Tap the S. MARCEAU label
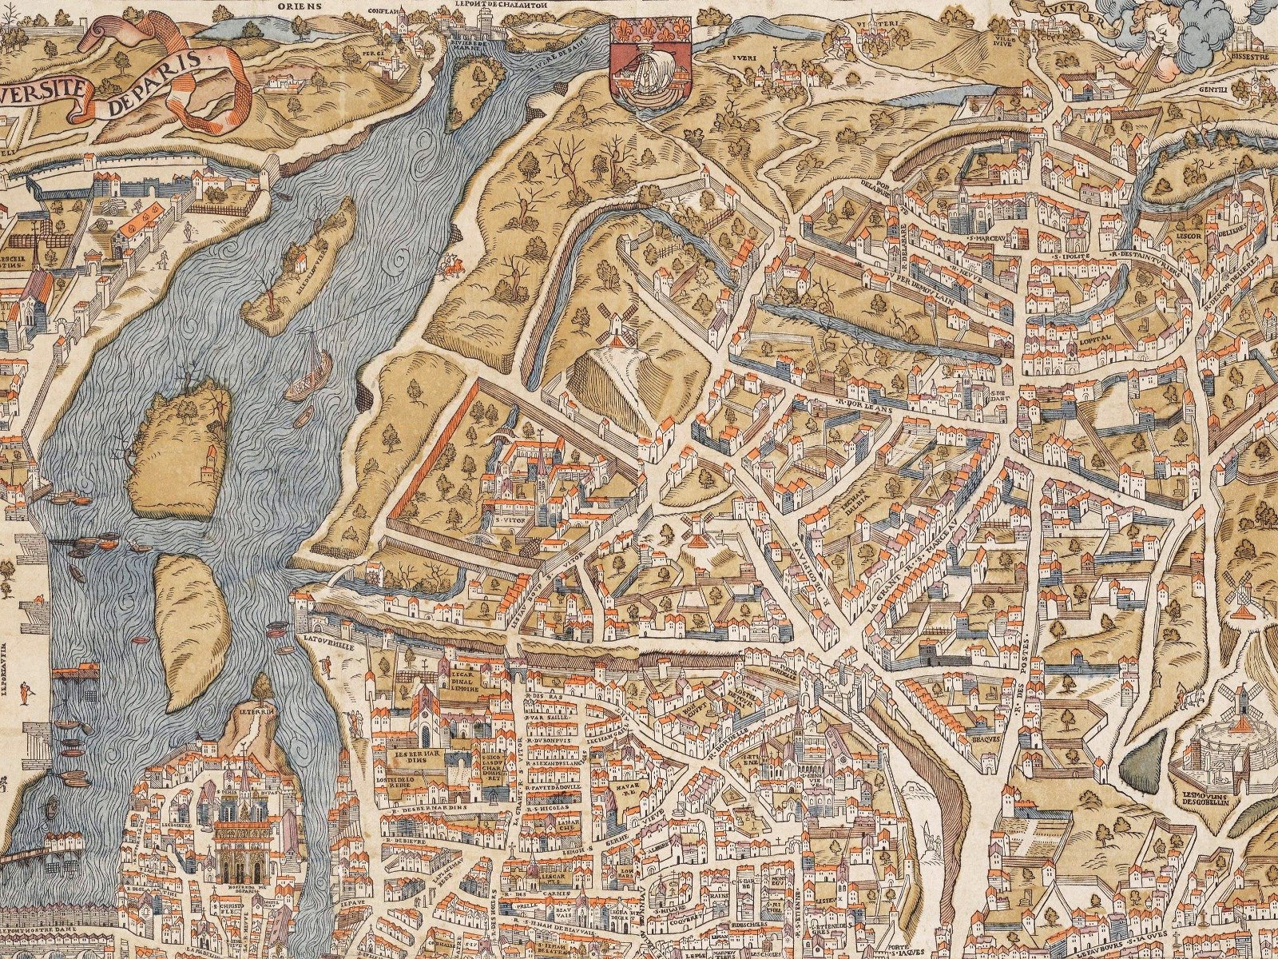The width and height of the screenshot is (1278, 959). pos(984,237)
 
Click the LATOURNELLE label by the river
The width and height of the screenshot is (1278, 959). pos(323,639)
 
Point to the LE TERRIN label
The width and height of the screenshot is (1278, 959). pos(255,708)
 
